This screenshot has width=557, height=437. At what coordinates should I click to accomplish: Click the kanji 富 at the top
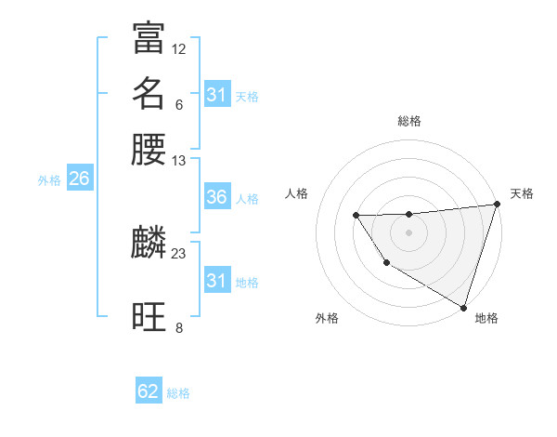149,38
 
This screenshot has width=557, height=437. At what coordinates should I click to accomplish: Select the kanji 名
149,94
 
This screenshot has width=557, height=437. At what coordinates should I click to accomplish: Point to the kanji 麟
149,244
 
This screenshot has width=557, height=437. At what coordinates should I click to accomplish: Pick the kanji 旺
149,317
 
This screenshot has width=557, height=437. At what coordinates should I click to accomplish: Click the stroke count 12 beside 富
179,48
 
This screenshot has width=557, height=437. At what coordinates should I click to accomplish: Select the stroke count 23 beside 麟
179,253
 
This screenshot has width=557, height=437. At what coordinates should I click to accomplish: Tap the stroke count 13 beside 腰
179,160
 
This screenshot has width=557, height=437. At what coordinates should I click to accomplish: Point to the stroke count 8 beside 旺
179,327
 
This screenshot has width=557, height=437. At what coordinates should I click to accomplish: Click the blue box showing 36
216,197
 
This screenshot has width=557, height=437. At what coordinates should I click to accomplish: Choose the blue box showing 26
79,179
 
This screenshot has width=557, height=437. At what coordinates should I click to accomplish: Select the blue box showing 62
149,391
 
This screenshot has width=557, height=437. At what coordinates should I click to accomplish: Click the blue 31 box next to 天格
216,95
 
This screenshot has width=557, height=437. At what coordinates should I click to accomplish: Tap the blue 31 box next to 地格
216,281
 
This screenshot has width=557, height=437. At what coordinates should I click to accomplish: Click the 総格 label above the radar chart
409,121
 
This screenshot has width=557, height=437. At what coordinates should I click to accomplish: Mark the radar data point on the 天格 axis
497,205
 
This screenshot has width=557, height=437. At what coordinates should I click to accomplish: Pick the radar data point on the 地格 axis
462,307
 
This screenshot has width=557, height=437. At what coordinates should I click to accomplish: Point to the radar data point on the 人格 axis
356,216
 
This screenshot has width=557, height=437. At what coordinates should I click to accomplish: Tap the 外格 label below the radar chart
327,318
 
